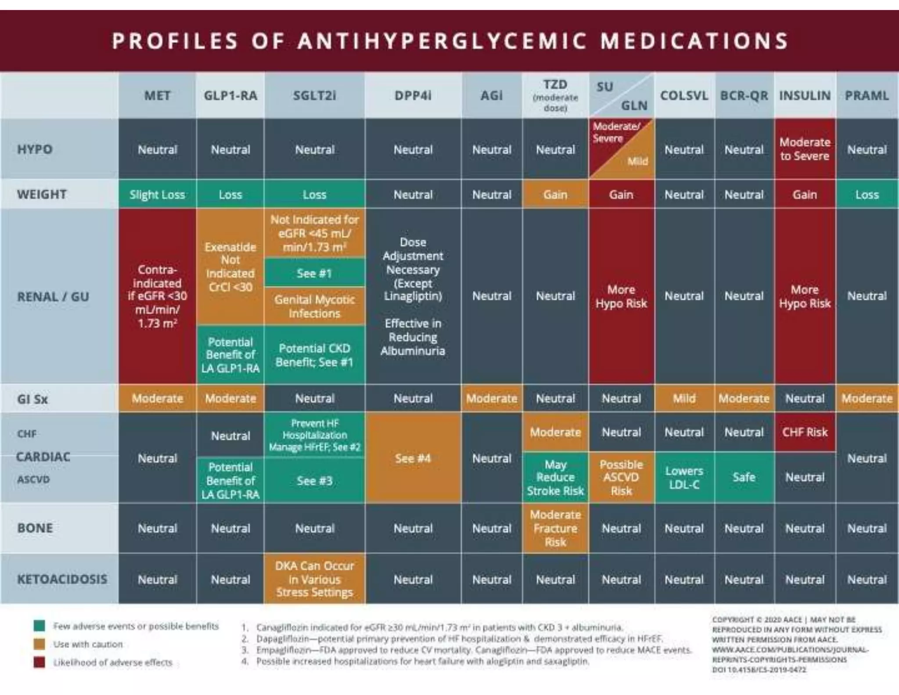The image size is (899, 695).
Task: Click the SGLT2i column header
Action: coord(314,96)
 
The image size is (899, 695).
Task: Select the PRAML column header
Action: coord(867,96)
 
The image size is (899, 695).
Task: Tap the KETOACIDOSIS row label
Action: coord(62,579)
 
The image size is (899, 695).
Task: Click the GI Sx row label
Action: coord(32,399)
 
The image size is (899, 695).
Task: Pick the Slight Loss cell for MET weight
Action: coord(157,195)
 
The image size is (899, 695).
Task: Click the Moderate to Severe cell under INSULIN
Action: coord(804,149)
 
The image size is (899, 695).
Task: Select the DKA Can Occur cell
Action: coord(314,579)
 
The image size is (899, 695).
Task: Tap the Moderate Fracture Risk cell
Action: coord(555,528)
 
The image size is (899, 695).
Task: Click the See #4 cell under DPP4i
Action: coord(413,458)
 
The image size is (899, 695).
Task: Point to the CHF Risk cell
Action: coord(804,432)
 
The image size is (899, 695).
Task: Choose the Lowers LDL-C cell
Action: coord(684,478)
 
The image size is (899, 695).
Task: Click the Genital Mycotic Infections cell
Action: coord(314,306)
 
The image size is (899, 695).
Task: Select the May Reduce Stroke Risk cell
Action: coord(555,478)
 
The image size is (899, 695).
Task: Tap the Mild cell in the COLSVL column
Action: coord(684,398)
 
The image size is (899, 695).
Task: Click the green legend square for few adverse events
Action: coord(40,626)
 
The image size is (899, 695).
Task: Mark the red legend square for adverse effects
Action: coord(40,662)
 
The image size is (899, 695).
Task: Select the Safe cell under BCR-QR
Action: coord(744,478)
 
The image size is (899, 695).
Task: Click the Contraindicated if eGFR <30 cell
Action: coord(157,296)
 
